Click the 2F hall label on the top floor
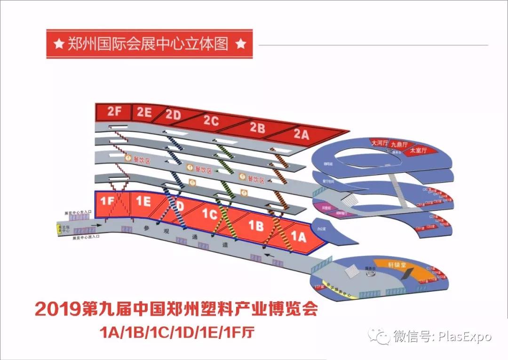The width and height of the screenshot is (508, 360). [x=114, y=112]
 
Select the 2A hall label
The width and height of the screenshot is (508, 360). [x=302, y=135]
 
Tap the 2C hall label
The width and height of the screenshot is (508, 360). [x=211, y=121]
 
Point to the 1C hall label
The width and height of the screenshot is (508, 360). [x=210, y=215]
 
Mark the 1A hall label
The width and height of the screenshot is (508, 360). [x=298, y=237]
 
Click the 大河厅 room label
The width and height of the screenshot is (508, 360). [x=379, y=142]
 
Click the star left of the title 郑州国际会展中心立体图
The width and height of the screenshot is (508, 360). [x=59, y=44]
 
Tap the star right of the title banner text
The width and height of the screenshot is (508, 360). [x=240, y=44]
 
